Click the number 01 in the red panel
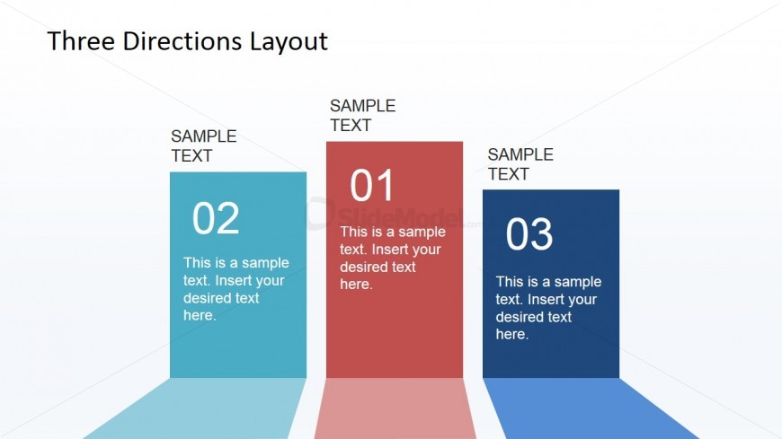pyautogui.click(x=372, y=186)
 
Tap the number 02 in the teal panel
pyautogui.click(x=216, y=218)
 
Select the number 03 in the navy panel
pyautogui.click(x=529, y=235)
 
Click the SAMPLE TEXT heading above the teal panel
pyautogui.click(x=204, y=145)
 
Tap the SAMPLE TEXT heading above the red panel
pyautogui.click(x=362, y=116)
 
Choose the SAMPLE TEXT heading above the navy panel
pyautogui.click(x=520, y=164)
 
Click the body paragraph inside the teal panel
pyautogui.click(x=235, y=289)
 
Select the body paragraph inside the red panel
pyautogui.click(x=392, y=258)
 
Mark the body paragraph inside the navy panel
pyautogui.click(x=547, y=308)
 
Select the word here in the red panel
pyautogui.click(x=354, y=285)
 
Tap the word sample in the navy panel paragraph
pyautogui.click(x=577, y=282)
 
